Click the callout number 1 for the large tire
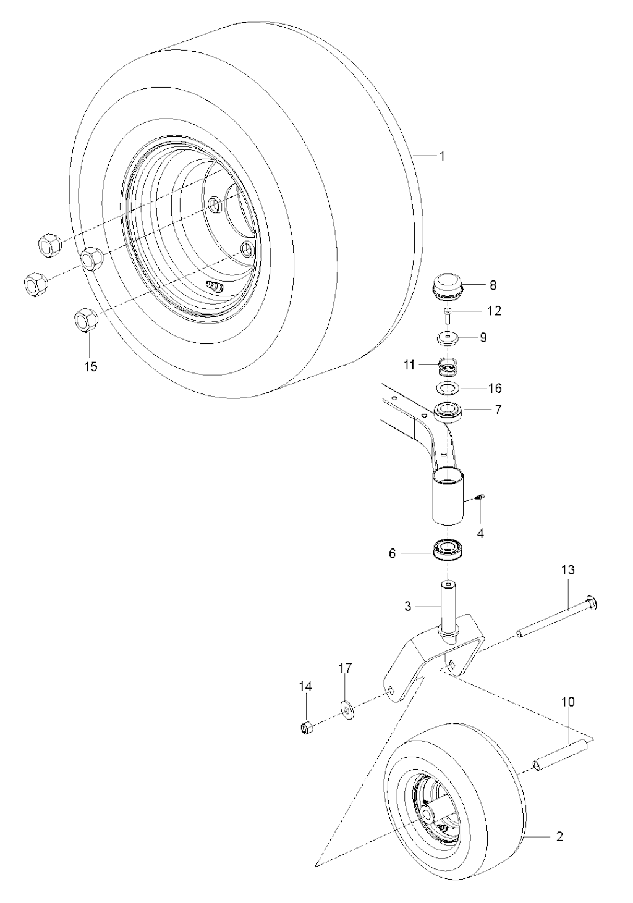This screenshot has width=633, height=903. [x=442, y=156]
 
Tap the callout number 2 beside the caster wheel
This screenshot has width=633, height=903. [x=559, y=838]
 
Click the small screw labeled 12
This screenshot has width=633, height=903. [x=448, y=315]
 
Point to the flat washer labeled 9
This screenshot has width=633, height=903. [x=448, y=338]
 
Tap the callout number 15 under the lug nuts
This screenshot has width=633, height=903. [x=90, y=366]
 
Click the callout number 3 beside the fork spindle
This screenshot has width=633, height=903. [x=408, y=607]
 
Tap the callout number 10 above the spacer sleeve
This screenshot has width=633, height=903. [x=568, y=702]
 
